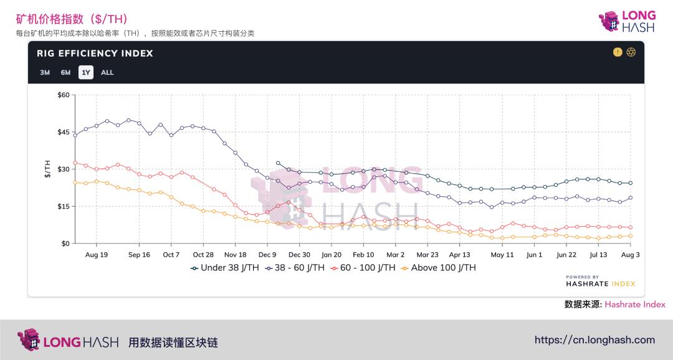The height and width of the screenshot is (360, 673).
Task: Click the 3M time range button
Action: (45, 72)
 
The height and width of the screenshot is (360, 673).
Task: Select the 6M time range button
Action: (65, 72)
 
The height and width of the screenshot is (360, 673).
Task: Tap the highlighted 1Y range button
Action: (86, 72)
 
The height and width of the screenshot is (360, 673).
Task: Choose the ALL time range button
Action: (107, 72)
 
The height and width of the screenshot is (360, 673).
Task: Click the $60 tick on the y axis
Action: (63, 95)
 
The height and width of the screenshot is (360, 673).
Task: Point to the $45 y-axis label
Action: (63, 132)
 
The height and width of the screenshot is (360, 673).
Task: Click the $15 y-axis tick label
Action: (63, 206)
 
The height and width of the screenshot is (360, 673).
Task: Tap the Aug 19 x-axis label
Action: (96, 255)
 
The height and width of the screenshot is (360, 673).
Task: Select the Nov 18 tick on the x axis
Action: (235, 255)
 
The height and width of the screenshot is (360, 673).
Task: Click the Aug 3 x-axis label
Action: (630, 255)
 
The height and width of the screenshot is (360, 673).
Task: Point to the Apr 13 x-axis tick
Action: (459, 255)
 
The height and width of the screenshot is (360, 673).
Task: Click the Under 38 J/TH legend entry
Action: (225, 268)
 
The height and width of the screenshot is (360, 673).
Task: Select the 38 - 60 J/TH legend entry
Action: (295, 268)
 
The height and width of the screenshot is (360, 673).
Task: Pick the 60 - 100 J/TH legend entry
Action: (363, 268)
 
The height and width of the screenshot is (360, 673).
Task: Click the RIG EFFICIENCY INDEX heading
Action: (95, 54)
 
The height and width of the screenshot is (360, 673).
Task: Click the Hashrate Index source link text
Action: (634, 305)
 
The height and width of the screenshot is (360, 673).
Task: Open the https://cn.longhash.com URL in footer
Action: (594, 340)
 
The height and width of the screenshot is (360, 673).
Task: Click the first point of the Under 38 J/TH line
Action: (278, 163)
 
